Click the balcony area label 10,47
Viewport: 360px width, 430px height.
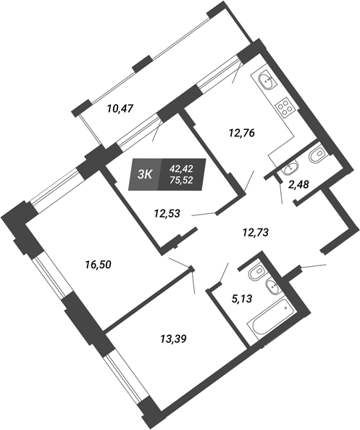[120, 109]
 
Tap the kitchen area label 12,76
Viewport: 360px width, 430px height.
[242, 133]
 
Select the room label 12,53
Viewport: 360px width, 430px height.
[167, 213]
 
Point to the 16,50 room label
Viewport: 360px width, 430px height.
[98, 265]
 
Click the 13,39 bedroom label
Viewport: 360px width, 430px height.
[173, 339]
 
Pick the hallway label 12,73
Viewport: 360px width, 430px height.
[256, 233]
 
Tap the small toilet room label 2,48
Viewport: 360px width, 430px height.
[298, 185]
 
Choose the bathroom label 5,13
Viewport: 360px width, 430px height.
[241, 299]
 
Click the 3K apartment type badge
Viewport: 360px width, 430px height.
[145, 174]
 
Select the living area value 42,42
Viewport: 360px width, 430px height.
[181, 168]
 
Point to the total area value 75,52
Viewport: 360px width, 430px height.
[181, 180]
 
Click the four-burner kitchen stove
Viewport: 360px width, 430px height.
[285, 108]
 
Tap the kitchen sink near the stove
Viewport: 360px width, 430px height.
[267, 79]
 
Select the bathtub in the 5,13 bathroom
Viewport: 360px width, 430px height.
[271, 320]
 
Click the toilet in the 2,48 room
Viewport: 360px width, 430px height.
[317, 157]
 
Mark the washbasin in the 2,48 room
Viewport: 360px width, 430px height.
[290, 168]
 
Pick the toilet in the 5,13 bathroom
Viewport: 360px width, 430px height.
[256, 271]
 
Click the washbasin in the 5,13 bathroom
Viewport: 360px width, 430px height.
[273, 286]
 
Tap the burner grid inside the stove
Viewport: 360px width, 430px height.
[285, 108]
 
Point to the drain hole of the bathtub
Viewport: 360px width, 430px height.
[285, 307]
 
